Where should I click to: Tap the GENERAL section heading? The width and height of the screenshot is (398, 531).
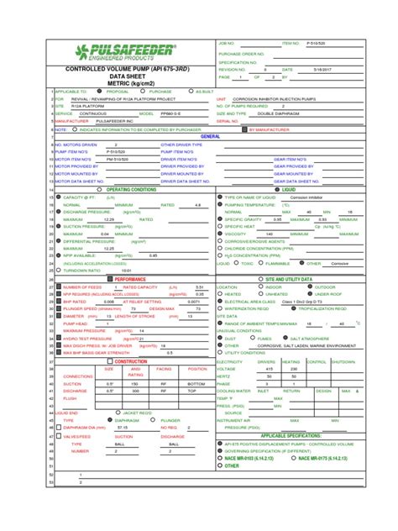(x=210, y=136)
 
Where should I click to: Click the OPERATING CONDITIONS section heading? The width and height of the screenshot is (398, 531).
(x=129, y=190)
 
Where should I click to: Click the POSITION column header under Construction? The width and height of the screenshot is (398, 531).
(x=196, y=369)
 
